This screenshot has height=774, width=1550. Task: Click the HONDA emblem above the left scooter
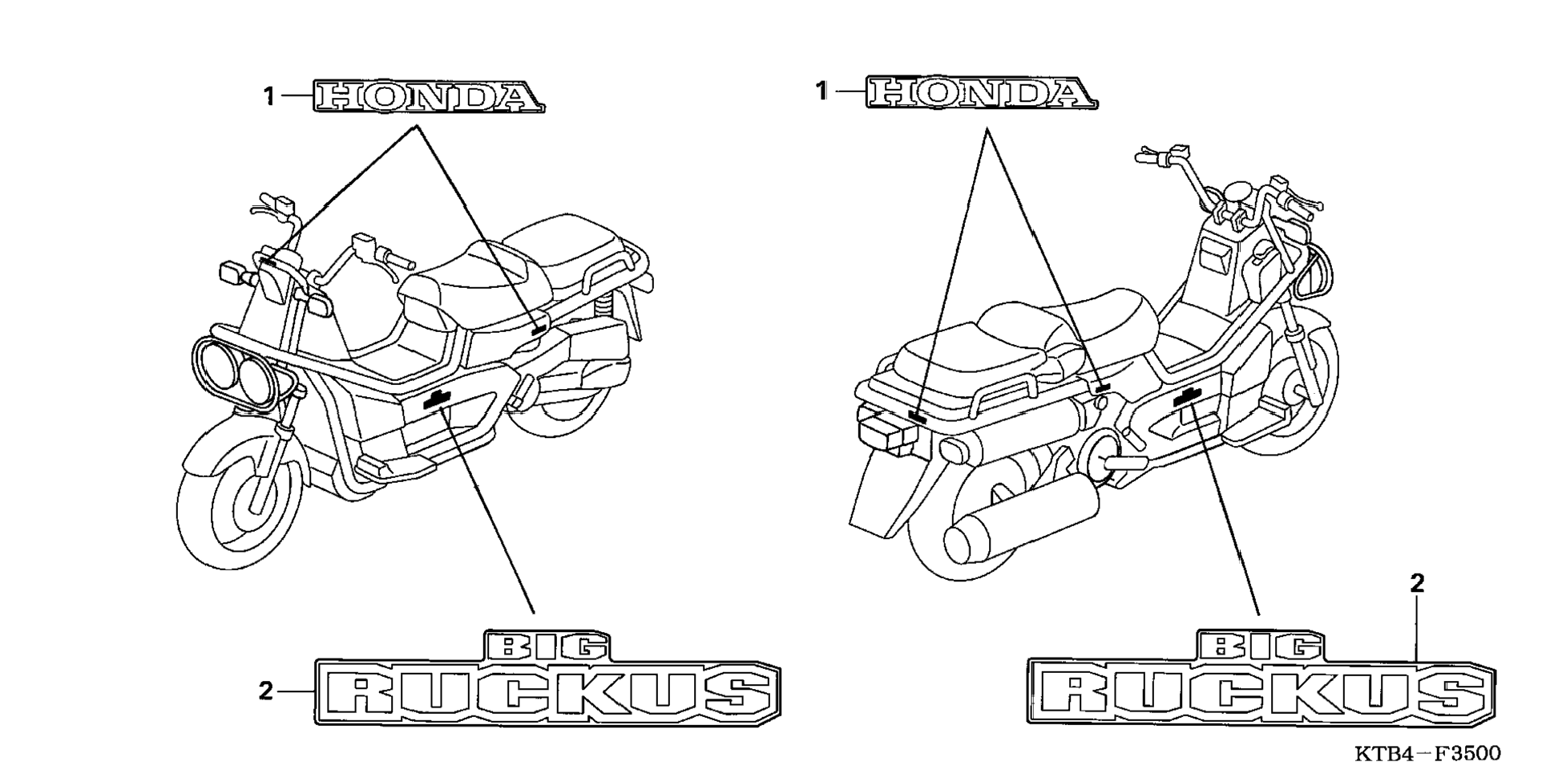coord(429,96)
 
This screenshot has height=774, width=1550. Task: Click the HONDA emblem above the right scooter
coord(981,93)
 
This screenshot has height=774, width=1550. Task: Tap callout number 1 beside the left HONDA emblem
coord(270,97)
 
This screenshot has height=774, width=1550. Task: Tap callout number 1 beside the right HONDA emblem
coord(821,91)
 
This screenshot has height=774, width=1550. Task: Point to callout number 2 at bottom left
coord(266,691)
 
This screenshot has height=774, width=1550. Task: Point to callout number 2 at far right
coord(1417,584)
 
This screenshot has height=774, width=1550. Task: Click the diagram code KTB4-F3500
coord(1427,754)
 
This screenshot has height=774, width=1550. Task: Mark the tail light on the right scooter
coord(886,433)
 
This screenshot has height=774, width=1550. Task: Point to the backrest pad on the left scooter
coord(565,233)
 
